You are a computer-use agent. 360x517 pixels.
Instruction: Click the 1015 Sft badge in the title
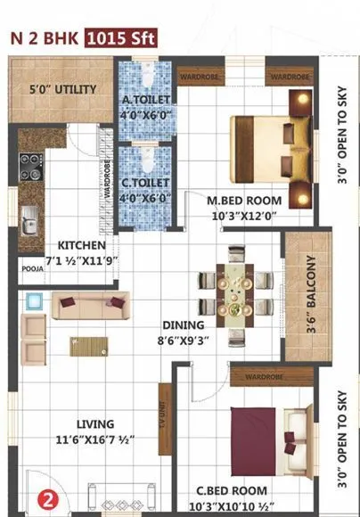coord(121,37)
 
